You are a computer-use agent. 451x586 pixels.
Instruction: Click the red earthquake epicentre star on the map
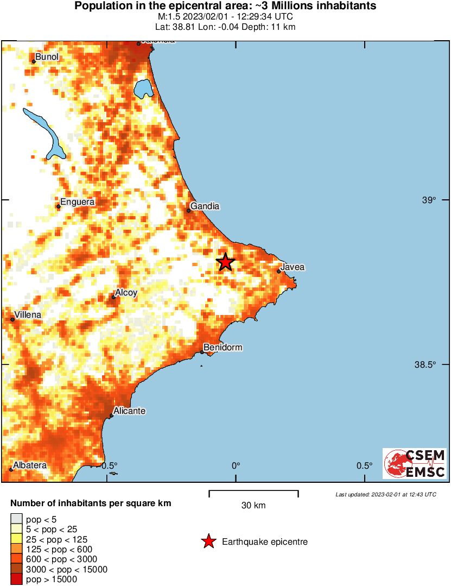tap(225, 262)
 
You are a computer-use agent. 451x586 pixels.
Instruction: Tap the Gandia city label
tap(205, 206)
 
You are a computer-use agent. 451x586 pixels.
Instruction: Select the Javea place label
tap(292, 267)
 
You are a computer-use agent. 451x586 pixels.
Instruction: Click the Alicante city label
tap(129, 411)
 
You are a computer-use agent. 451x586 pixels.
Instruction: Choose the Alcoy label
tap(126, 293)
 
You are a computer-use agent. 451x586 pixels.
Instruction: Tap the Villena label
tap(28, 314)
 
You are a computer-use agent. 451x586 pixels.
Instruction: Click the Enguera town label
tap(77, 202)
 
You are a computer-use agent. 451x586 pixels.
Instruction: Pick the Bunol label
tap(47, 56)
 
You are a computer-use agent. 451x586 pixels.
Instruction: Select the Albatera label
tap(30, 465)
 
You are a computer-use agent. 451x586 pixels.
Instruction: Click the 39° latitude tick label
tap(429, 200)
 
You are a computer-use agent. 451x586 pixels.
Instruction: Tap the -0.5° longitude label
tap(110, 465)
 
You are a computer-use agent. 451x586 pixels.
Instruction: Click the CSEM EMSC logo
tap(415, 463)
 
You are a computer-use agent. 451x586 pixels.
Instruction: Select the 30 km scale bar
tap(253, 493)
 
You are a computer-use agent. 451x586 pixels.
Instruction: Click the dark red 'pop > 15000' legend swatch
tap(16, 579)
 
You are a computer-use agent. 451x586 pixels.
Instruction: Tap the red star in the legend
tap(208, 541)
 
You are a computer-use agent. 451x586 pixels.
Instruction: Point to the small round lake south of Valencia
tap(143, 87)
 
